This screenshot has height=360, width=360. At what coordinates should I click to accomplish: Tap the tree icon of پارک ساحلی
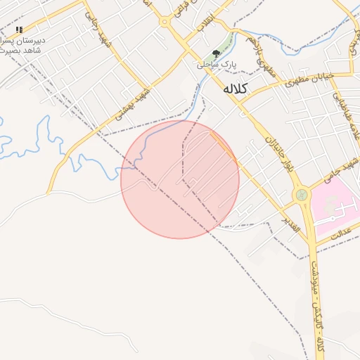click(217, 53)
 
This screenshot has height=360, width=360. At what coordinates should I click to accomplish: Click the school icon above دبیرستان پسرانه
click(19, 30)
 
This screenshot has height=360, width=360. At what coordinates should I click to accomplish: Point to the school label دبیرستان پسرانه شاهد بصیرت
click(24, 45)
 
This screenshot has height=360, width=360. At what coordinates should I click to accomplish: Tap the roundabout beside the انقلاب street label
click(165, 22)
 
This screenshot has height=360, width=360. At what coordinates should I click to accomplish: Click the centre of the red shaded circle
click(180, 179)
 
